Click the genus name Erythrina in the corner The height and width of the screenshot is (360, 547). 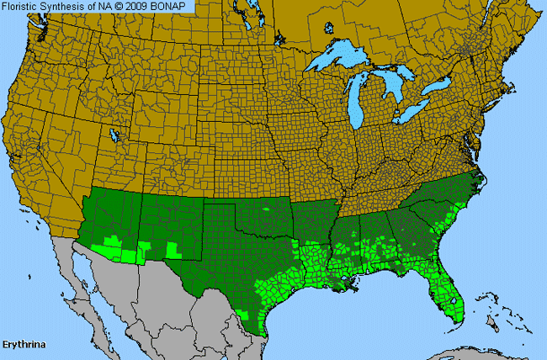click(24, 345)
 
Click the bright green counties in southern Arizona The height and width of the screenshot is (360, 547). click(118, 250)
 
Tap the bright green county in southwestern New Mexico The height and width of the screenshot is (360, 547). click(173, 250)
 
